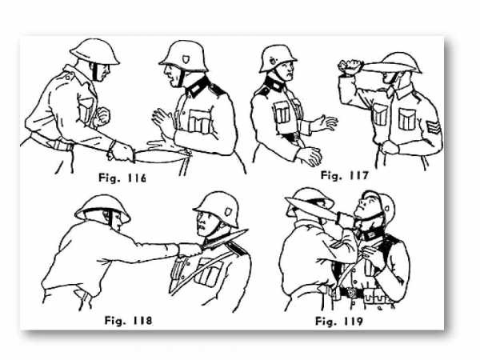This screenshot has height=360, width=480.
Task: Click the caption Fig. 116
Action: (122, 178)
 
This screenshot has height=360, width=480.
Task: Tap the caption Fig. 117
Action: (344, 176)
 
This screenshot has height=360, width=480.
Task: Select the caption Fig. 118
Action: (128, 321)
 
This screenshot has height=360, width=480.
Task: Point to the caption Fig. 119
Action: (339, 322)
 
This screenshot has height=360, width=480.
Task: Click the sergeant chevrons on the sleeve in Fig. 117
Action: (432, 126)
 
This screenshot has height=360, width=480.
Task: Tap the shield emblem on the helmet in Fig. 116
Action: (186, 58)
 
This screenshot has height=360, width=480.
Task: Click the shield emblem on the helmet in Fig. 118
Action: (228, 211)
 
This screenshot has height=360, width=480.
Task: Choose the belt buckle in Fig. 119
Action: (350, 292)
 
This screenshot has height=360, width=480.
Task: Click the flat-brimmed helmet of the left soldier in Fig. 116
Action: (95, 52)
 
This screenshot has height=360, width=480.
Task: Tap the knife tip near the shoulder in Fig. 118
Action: (246, 230)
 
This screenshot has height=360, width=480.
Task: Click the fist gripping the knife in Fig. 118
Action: (190, 250)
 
